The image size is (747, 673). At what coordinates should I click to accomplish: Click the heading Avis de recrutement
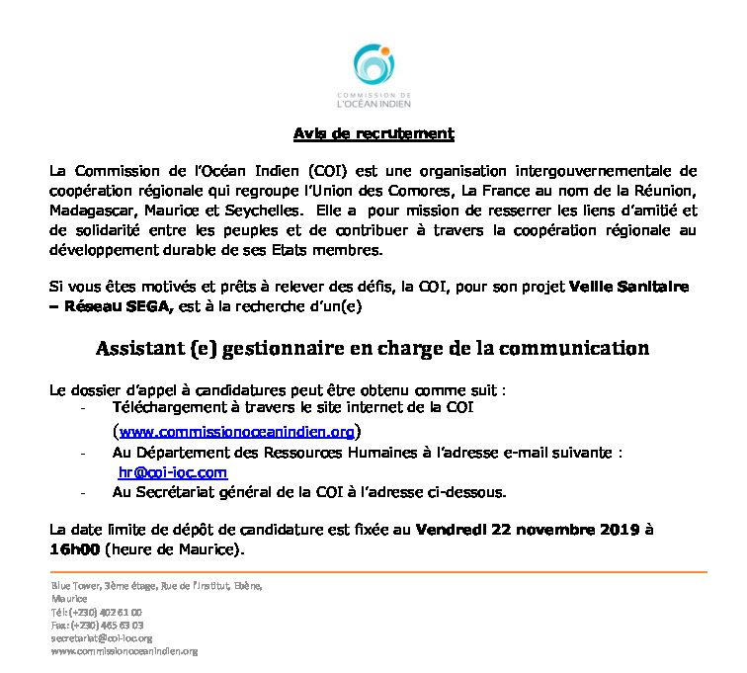373,133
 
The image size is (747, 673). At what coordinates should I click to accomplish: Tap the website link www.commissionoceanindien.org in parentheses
237,432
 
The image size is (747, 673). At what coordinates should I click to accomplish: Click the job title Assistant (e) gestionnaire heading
373,348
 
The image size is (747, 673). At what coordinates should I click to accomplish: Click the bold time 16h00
74,548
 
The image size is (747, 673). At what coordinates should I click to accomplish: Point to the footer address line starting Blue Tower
155,587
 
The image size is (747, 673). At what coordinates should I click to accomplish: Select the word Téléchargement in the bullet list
169,408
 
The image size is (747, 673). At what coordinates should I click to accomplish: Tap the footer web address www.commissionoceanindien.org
124,651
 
